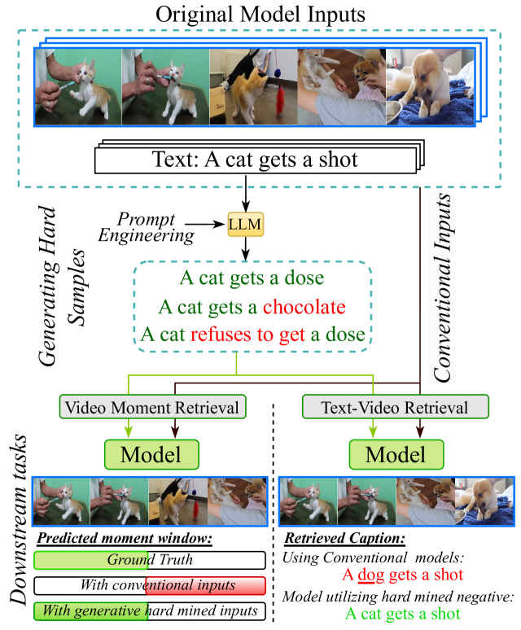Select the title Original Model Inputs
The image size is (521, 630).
(x=260, y=15)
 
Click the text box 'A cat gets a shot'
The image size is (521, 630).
(x=255, y=159)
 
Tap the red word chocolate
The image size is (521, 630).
(x=304, y=307)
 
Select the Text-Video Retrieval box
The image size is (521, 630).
(x=396, y=406)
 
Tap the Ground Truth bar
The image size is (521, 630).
(x=149, y=560)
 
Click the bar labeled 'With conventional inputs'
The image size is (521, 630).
(x=149, y=585)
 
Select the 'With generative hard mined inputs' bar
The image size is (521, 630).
(x=149, y=610)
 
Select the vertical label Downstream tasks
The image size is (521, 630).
(x=17, y=522)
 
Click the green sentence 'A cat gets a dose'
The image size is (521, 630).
(x=252, y=279)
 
